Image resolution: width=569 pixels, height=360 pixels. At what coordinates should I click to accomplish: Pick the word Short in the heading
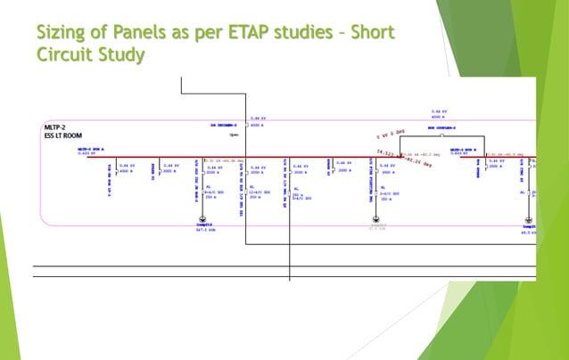(369, 33)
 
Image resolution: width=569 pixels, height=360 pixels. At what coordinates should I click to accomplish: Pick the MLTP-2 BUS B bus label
(466, 150)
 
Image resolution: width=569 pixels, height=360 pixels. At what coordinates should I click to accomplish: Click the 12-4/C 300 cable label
(258, 192)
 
